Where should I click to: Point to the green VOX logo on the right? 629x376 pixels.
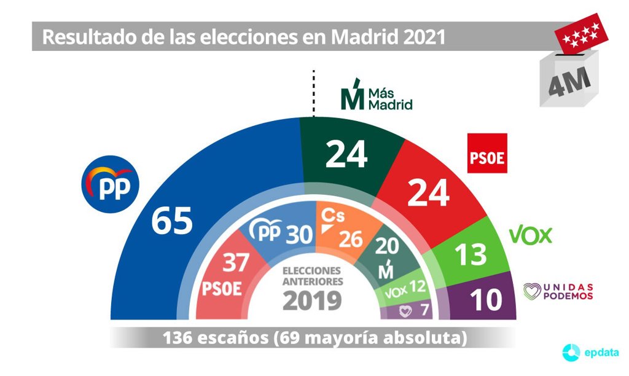[x=531, y=235]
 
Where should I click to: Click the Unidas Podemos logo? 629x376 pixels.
[x=558, y=292]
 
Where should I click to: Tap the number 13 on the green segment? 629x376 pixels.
[x=471, y=253]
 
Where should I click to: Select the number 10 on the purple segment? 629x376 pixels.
[x=483, y=300]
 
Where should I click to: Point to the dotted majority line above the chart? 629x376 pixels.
[x=313, y=92]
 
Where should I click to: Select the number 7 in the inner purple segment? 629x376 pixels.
[x=424, y=311]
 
